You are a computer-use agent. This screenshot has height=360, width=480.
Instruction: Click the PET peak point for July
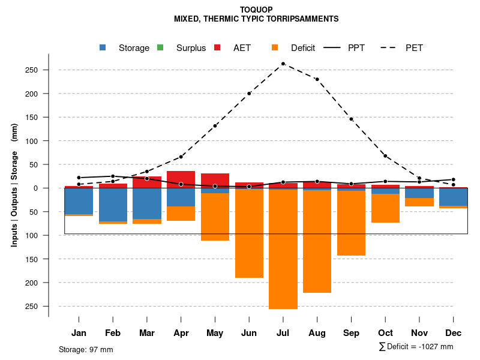[x=283, y=64]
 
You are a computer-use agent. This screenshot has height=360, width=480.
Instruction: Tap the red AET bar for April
[x=181, y=179]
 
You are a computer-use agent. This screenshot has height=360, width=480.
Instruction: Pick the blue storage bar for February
[x=113, y=205]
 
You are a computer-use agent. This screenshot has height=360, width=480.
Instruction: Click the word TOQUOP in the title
[x=256, y=10]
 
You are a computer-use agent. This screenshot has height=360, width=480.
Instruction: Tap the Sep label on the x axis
[x=351, y=333]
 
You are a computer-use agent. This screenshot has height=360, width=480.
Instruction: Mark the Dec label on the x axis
[x=454, y=333]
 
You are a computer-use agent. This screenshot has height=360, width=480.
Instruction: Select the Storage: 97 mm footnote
[x=86, y=349]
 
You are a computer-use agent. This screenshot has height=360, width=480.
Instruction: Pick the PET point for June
[x=249, y=94]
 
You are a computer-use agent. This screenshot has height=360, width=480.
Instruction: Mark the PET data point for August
[x=317, y=79]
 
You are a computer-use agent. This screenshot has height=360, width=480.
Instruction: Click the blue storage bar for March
[x=147, y=203]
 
